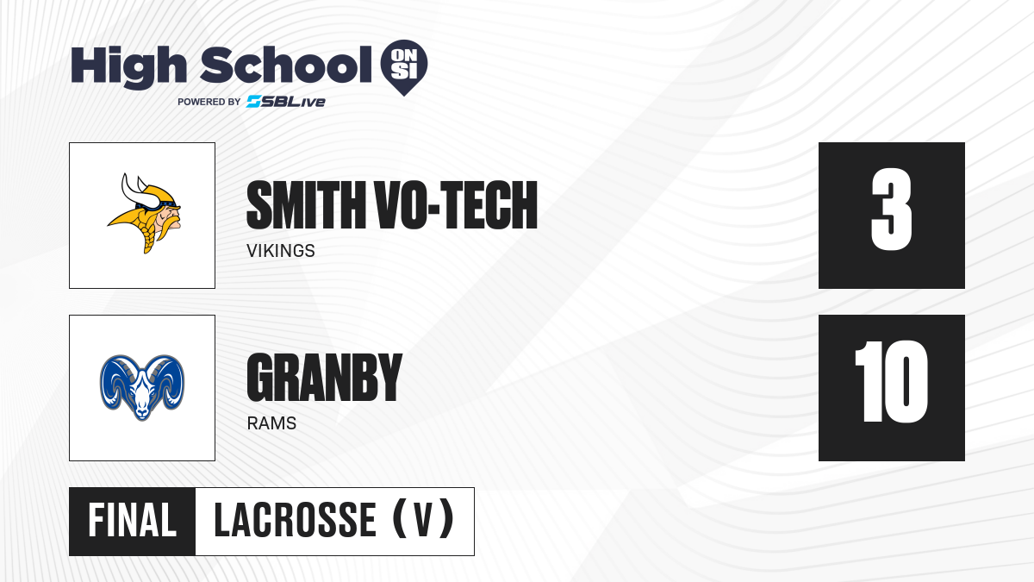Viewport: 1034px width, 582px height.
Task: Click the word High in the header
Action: coord(128,67)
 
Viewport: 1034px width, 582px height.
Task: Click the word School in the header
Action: coord(286,65)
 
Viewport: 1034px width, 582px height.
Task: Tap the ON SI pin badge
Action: coord(404,66)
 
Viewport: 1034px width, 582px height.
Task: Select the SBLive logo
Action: coord(286,101)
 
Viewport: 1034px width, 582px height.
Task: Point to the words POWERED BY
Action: coord(209,102)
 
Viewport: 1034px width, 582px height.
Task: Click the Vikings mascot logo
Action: coord(145,213)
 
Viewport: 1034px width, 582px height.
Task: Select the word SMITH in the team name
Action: coord(306,204)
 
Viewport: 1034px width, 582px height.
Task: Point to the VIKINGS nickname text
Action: coord(281,251)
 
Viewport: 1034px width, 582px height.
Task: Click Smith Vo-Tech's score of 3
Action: coord(891,210)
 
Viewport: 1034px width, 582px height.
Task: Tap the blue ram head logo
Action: coord(142,387)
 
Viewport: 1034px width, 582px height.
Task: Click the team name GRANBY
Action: coord(325,378)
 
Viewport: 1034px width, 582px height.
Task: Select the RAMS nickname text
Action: coord(271,423)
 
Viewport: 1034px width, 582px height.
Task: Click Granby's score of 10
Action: coord(891,381)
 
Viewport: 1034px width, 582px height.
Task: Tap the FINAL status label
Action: coord(133,521)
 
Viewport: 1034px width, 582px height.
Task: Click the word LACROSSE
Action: coord(295,521)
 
